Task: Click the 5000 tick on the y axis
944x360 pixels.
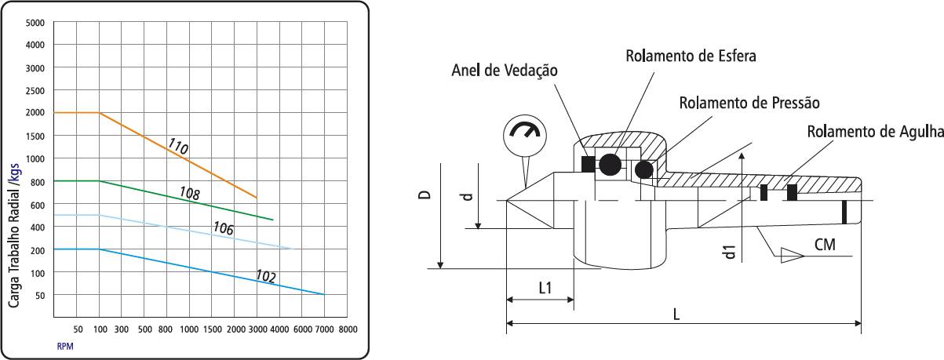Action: (x=35, y=23)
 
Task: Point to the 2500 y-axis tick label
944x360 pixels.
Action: (x=35, y=90)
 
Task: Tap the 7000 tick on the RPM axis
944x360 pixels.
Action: (x=325, y=329)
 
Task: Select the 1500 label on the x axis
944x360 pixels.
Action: (x=213, y=329)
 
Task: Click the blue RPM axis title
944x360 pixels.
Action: (x=65, y=346)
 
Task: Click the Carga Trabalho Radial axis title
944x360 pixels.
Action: (x=14, y=236)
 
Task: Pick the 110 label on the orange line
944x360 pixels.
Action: (x=178, y=146)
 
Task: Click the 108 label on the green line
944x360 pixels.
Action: (x=190, y=193)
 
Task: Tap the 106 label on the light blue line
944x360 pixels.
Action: (x=223, y=228)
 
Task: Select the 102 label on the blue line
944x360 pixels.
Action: (x=266, y=276)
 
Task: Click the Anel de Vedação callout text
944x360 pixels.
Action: (x=505, y=71)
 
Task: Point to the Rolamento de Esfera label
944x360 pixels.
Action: (x=691, y=56)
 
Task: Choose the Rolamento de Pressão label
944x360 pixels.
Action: (x=749, y=103)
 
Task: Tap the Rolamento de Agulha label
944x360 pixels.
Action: (x=875, y=131)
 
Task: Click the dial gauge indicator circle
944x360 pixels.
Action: (x=525, y=136)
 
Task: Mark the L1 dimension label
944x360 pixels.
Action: (x=545, y=288)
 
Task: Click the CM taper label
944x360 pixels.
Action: (x=825, y=245)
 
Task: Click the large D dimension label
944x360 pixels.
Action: (x=425, y=195)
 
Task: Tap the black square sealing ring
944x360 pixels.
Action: (x=589, y=164)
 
